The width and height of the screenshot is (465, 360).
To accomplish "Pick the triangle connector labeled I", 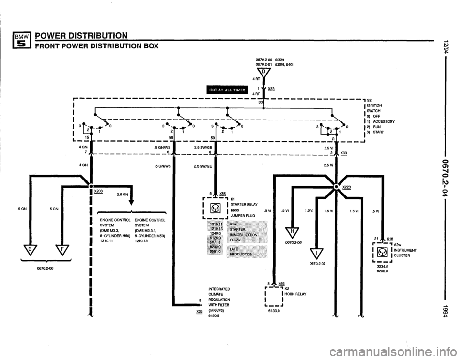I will (x=316, y=252).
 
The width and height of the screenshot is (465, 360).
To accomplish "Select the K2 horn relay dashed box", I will (x=274, y=298).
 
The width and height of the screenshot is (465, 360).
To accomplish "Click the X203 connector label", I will (x=98, y=191).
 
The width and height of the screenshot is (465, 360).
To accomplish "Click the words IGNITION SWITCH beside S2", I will (x=375, y=107).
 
